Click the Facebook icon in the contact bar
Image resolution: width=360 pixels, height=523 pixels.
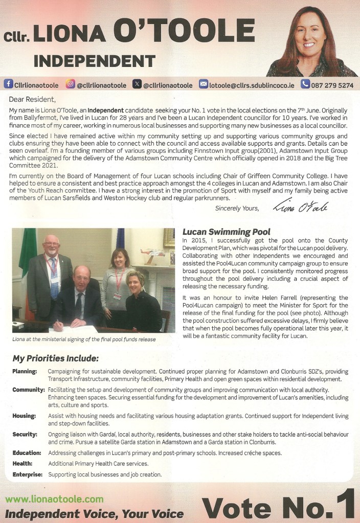(x=8, y=84)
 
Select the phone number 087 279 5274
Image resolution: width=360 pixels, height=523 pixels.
(x=332, y=84)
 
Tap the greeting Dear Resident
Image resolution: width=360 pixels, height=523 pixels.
(x=32, y=99)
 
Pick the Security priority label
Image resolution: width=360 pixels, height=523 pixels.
(x=25, y=435)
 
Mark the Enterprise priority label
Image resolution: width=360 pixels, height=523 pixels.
(x=27, y=474)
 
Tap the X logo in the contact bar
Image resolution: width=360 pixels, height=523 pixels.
(x=137, y=84)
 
